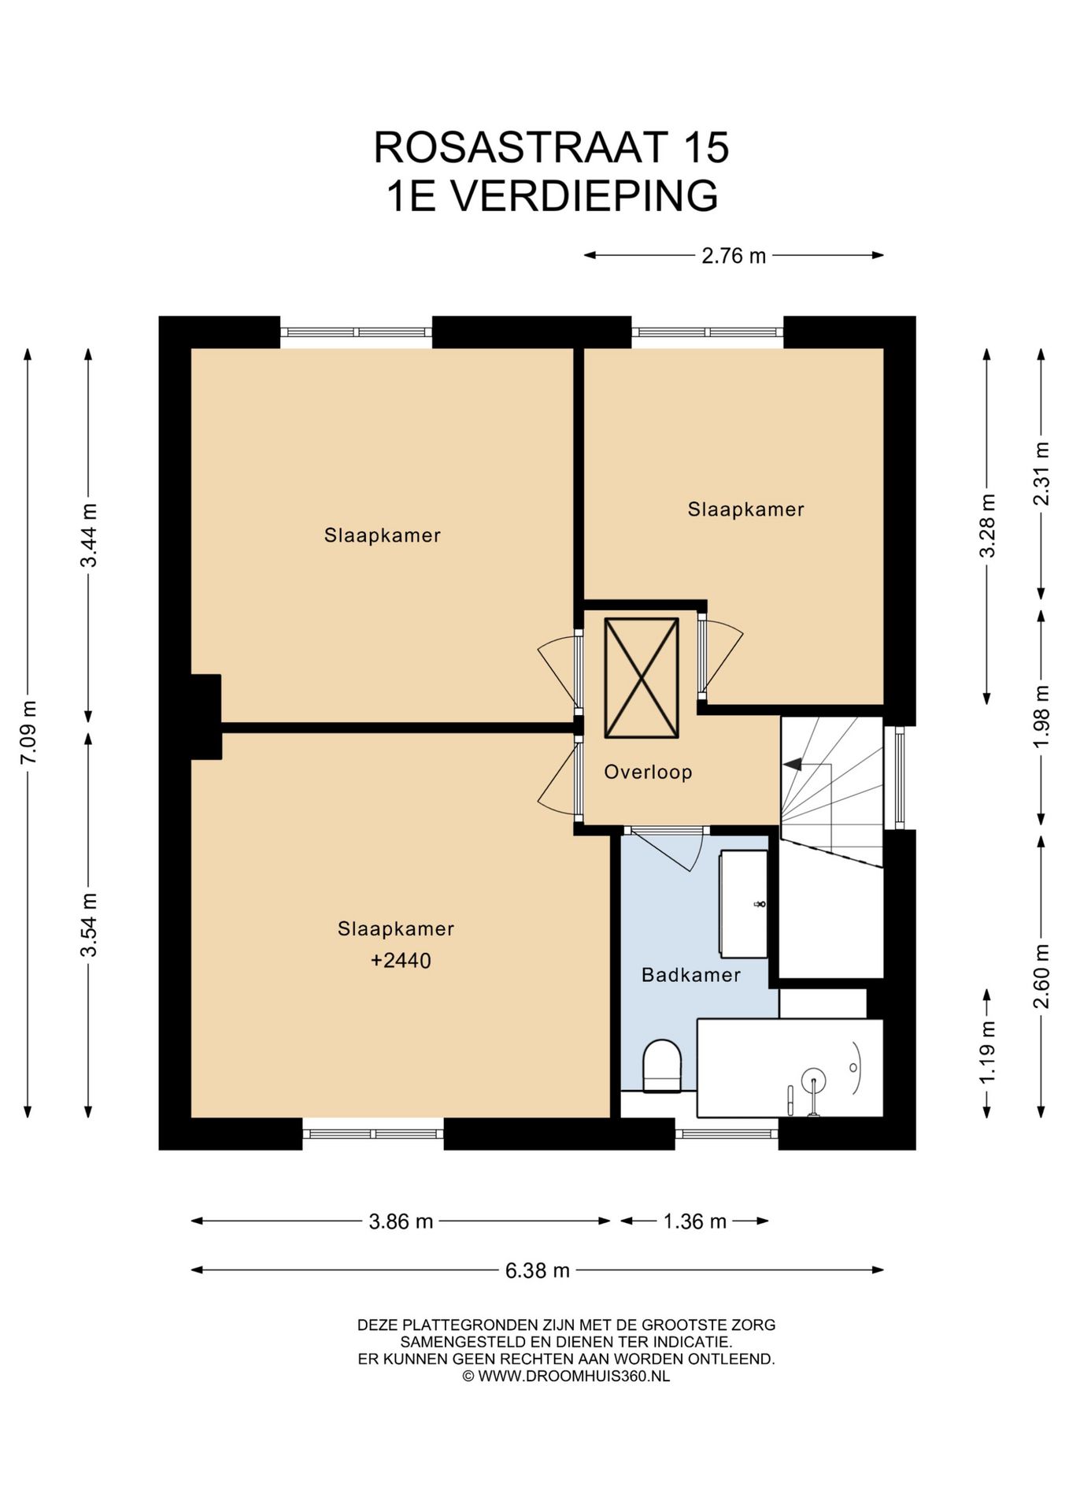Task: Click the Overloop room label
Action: click(648, 772)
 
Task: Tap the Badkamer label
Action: click(691, 975)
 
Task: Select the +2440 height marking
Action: click(401, 961)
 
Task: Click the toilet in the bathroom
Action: click(662, 1066)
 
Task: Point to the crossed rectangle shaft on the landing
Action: click(642, 678)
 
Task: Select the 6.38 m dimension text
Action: click(538, 1270)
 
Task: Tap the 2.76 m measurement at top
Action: click(734, 256)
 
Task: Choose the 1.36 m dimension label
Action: click(694, 1221)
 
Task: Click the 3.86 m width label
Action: click(401, 1221)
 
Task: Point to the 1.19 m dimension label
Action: click(987, 1051)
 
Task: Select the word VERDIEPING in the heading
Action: click(583, 195)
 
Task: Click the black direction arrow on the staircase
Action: click(793, 763)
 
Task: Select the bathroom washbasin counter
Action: click(743, 904)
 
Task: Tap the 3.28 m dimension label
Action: click(987, 526)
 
